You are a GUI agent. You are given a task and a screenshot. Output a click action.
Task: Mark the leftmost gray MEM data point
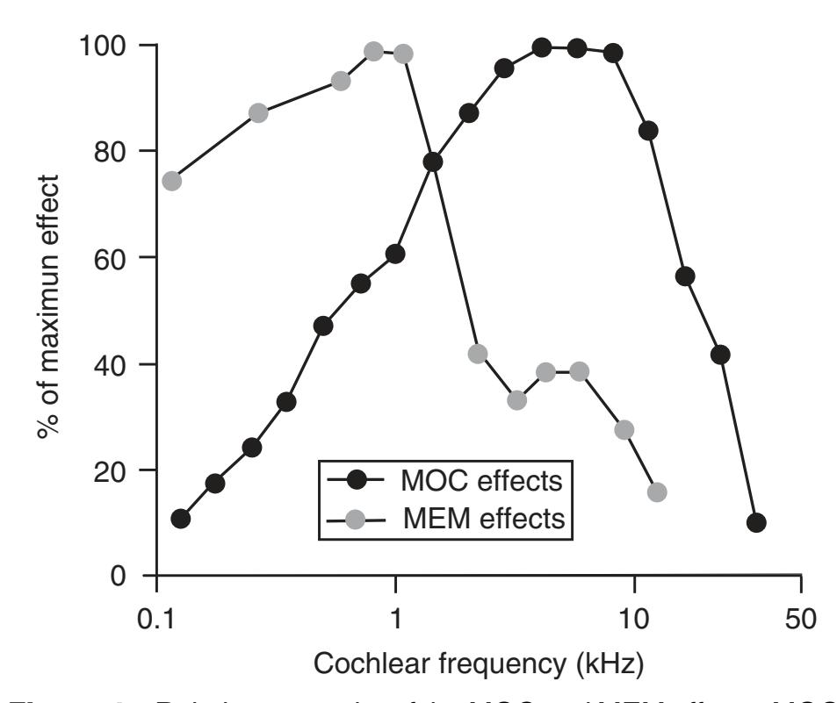coord(172,181)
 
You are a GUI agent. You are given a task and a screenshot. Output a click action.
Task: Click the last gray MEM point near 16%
coord(656,492)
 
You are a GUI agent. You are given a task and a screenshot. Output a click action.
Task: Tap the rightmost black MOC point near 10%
coord(756,523)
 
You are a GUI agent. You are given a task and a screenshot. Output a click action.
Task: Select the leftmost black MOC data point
coord(181,519)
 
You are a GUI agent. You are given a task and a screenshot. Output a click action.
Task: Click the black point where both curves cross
coord(432,161)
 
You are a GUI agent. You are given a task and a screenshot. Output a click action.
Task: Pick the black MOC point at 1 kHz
coord(395,254)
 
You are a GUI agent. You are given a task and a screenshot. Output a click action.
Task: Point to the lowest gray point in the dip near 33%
coord(516,400)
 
